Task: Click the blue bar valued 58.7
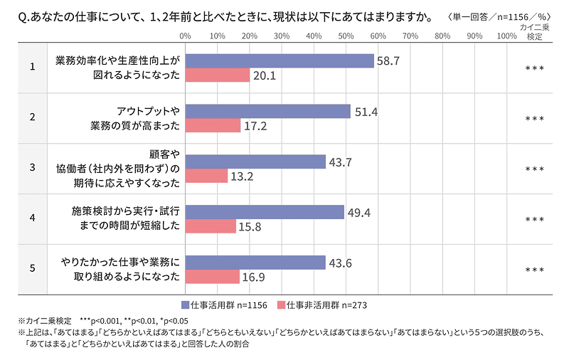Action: point(279,61)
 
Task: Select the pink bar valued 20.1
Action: point(217,75)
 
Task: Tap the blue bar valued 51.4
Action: point(267,112)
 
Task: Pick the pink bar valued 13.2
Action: point(206,176)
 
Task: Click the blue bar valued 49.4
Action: point(264,212)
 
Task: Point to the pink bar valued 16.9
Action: point(212,277)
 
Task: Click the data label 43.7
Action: point(340,162)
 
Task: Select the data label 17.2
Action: point(257,126)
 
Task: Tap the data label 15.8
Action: point(252,226)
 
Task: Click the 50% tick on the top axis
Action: point(346,35)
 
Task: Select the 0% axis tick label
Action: point(185,35)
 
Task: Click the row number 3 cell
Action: point(32,169)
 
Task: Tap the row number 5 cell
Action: point(32,270)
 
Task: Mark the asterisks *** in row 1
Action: point(534,69)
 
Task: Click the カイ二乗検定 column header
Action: point(534,31)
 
